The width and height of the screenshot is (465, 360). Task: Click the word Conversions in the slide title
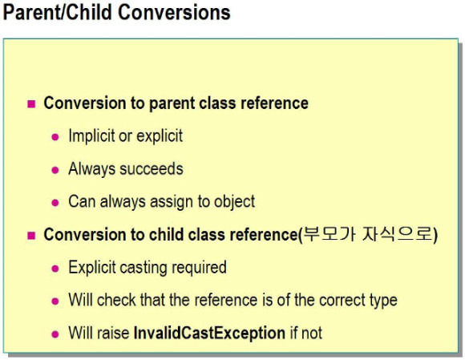click(174, 13)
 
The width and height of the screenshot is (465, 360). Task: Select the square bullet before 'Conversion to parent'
click(31, 103)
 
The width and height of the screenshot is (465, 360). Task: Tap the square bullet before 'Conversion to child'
click(31, 236)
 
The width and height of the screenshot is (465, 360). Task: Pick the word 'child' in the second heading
click(166, 235)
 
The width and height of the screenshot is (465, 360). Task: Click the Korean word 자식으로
click(398, 234)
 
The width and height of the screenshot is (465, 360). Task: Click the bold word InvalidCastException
click(209, 334)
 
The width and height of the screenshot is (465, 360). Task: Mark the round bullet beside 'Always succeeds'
click(55, 170)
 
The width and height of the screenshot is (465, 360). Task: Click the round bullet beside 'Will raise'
click(55, 334)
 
